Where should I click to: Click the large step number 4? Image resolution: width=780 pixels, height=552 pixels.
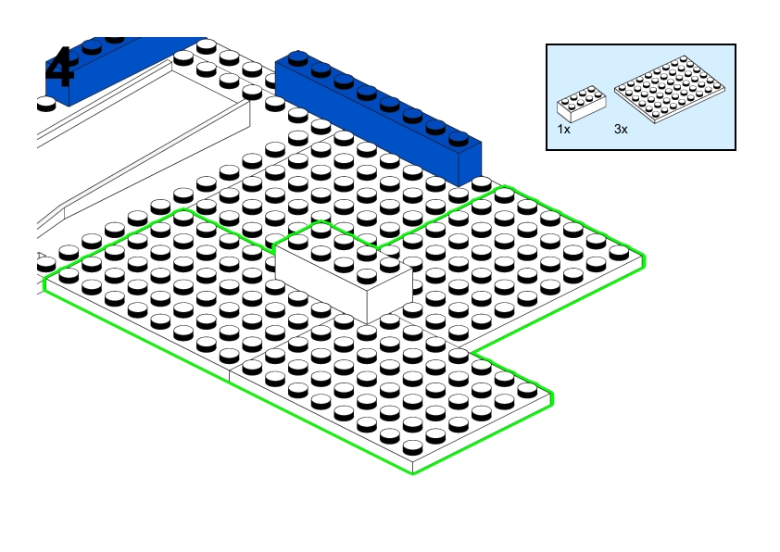pos(59,67)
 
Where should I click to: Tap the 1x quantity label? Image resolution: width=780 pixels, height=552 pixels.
pos(563,130)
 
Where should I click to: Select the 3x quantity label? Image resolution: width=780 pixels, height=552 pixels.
pos(621,130)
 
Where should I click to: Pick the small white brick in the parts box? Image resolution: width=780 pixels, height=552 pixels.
pos(582,104)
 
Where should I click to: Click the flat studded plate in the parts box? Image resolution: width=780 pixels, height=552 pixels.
pos(670,89)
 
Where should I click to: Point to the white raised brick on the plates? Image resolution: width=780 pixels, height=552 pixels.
pos(344,272)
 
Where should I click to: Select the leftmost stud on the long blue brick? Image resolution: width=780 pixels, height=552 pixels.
pos(297,57)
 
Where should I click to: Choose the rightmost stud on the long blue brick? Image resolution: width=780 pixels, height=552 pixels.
pos(459,138)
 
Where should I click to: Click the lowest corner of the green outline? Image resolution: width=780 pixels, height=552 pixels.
pos(413,473)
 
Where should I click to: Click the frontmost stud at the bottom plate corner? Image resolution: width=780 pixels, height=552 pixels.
pos(412,447)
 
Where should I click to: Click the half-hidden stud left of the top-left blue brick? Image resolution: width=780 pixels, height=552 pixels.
pos(45,104)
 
